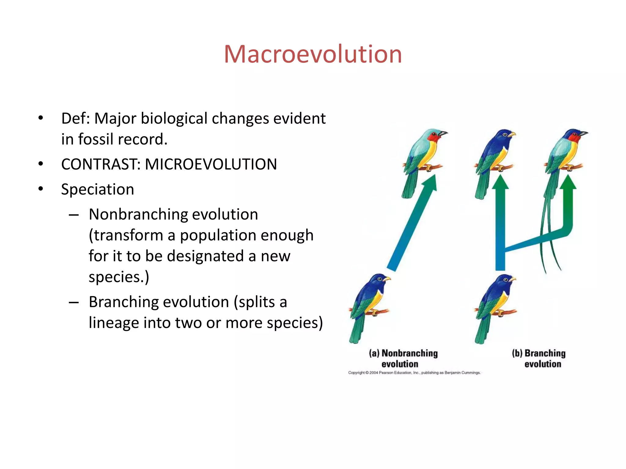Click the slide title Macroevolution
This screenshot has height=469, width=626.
313,54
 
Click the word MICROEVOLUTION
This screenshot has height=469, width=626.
211,164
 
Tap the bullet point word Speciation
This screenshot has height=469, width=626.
98,189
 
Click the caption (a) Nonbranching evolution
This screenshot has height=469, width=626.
403,358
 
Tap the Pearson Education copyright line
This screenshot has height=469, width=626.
414,373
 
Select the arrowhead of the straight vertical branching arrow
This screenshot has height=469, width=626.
500,183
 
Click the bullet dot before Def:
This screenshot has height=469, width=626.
41,118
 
